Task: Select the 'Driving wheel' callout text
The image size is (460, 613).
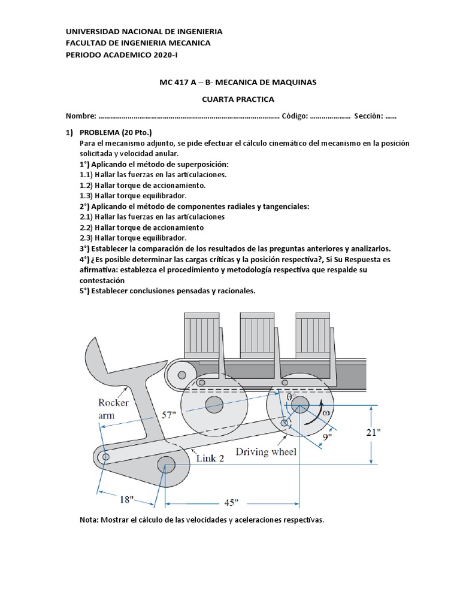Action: click(266, 452)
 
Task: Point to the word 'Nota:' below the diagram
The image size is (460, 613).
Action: click(90, 520)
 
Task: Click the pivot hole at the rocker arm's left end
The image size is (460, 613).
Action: click(105, 457)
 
